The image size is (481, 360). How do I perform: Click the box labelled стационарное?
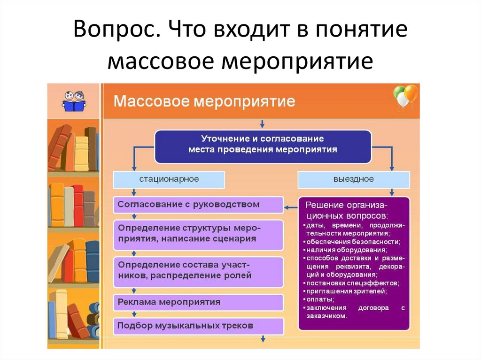click(169, 179)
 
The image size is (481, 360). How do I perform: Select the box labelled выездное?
click(354, 179)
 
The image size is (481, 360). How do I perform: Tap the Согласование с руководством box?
click(199, 205)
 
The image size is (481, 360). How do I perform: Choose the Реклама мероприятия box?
click(199, 302)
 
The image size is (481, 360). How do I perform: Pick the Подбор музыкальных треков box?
click(199, 325)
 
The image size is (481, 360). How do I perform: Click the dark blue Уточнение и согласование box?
click(263, 145)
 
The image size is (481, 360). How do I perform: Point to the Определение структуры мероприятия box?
click(199, 233)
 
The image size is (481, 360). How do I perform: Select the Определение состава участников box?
click(199, 271)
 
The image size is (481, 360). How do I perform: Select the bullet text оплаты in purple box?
click(321, 299)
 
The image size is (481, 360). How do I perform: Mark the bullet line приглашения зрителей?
click(346, 291)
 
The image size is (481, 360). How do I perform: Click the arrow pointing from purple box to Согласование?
click(291, 205)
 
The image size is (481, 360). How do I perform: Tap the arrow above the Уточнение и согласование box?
click(263, 124)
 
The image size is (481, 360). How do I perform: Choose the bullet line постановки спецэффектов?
click(352, 283)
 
